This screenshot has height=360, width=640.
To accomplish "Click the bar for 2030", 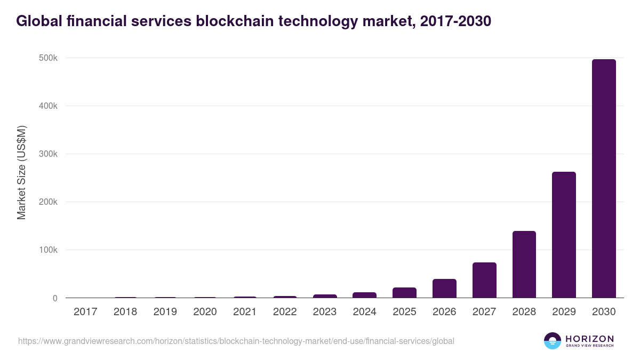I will pos(604,179).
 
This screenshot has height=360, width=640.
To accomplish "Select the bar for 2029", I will pos(564,235).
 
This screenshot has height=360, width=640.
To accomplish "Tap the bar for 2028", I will pos(524,265).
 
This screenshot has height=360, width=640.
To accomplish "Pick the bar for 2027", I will pos(484,280).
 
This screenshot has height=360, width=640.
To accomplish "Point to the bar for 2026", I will pos(444,289).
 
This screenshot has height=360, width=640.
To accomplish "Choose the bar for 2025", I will pos(404,293).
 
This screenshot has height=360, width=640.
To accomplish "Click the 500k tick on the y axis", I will pos(48,58).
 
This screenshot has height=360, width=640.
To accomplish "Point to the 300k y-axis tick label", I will pos(48,154).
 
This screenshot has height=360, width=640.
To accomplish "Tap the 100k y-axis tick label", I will pos(48,250).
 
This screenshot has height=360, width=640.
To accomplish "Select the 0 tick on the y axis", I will pos(55,298).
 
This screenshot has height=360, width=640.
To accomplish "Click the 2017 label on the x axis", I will pos(85,312).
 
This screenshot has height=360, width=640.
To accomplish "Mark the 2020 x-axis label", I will pos(205,312).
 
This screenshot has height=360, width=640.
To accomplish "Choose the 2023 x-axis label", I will pos(324,312).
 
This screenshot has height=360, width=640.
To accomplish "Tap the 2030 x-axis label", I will pos(604,312).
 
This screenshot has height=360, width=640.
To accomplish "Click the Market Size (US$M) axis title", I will pos(21,172).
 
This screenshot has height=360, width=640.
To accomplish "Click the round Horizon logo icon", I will pos(553,341).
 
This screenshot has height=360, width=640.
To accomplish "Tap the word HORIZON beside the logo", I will pos(589,339).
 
